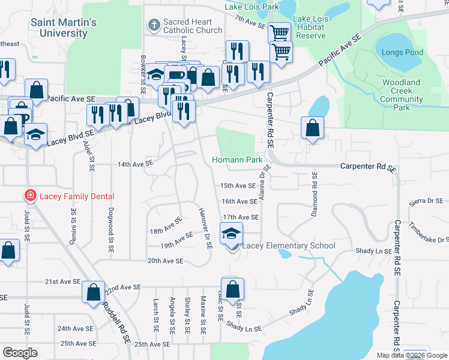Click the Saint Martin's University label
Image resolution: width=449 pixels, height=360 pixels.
click(64, 28)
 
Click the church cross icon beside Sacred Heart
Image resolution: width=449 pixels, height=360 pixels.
click(154, 25)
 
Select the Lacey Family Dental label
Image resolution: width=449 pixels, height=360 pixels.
click(76, 196)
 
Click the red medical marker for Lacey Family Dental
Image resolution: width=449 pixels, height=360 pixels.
click(29, 196)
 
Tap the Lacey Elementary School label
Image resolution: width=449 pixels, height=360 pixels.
click(289, 246)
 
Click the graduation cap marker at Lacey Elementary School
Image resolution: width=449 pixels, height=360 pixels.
click(231, 234)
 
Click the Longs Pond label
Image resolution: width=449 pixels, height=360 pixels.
click(402, 52)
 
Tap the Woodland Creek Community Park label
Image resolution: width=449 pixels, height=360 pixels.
click(402, 95)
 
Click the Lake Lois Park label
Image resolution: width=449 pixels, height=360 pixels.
click(252, 7)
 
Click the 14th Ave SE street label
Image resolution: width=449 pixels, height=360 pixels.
click(136, 164)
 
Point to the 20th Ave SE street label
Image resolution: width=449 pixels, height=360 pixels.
click(165, 261)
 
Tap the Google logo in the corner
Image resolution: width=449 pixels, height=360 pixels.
click(20, 353)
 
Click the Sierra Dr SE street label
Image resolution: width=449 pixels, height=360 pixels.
click(427, 202)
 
